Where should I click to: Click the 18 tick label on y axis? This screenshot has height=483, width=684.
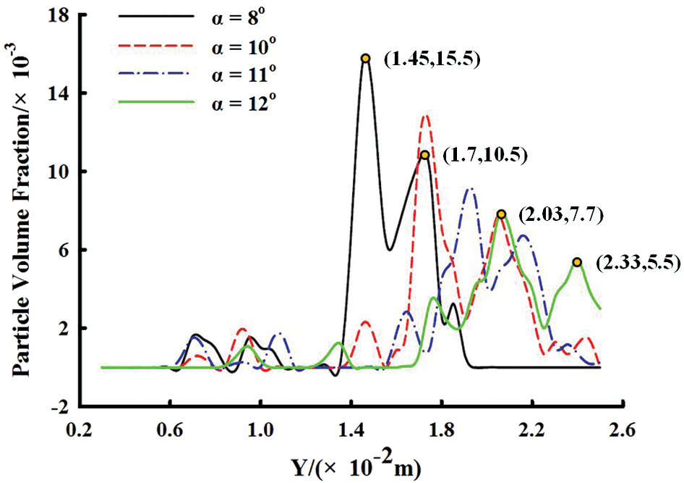tap(61, 15)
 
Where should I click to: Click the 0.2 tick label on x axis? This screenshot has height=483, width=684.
tap(79, 429)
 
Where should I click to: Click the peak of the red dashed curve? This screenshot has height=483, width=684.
tap(425, 116)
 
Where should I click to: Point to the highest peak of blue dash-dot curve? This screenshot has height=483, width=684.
tap(471, 189)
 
